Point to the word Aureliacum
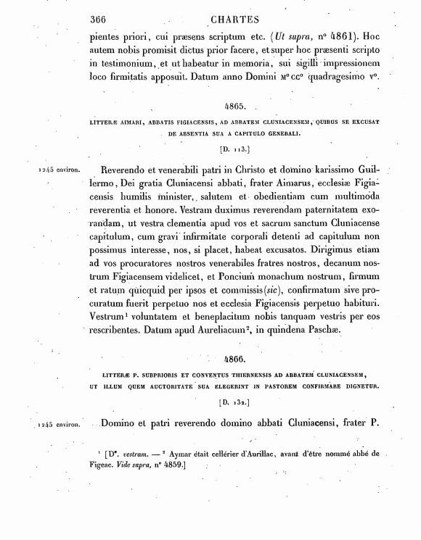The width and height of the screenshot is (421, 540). (230, 329)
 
